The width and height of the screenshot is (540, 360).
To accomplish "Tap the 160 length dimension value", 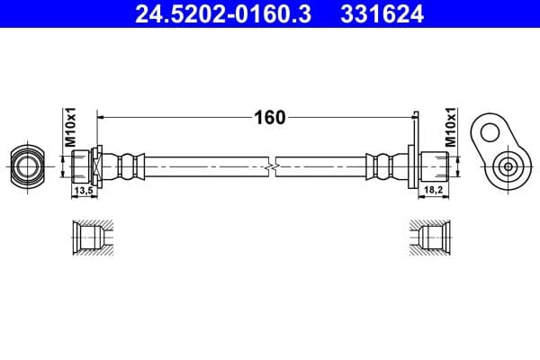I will pos(268,117).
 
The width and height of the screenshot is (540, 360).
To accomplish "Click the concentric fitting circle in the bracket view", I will pos(508,166).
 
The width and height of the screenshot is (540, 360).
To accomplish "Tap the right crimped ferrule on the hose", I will pos(386,166).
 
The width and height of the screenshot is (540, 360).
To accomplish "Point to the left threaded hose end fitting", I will pos(83,166).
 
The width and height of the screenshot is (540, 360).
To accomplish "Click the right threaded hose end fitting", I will pos(436,166).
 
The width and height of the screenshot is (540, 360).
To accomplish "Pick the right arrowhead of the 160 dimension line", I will pos(409,117).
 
